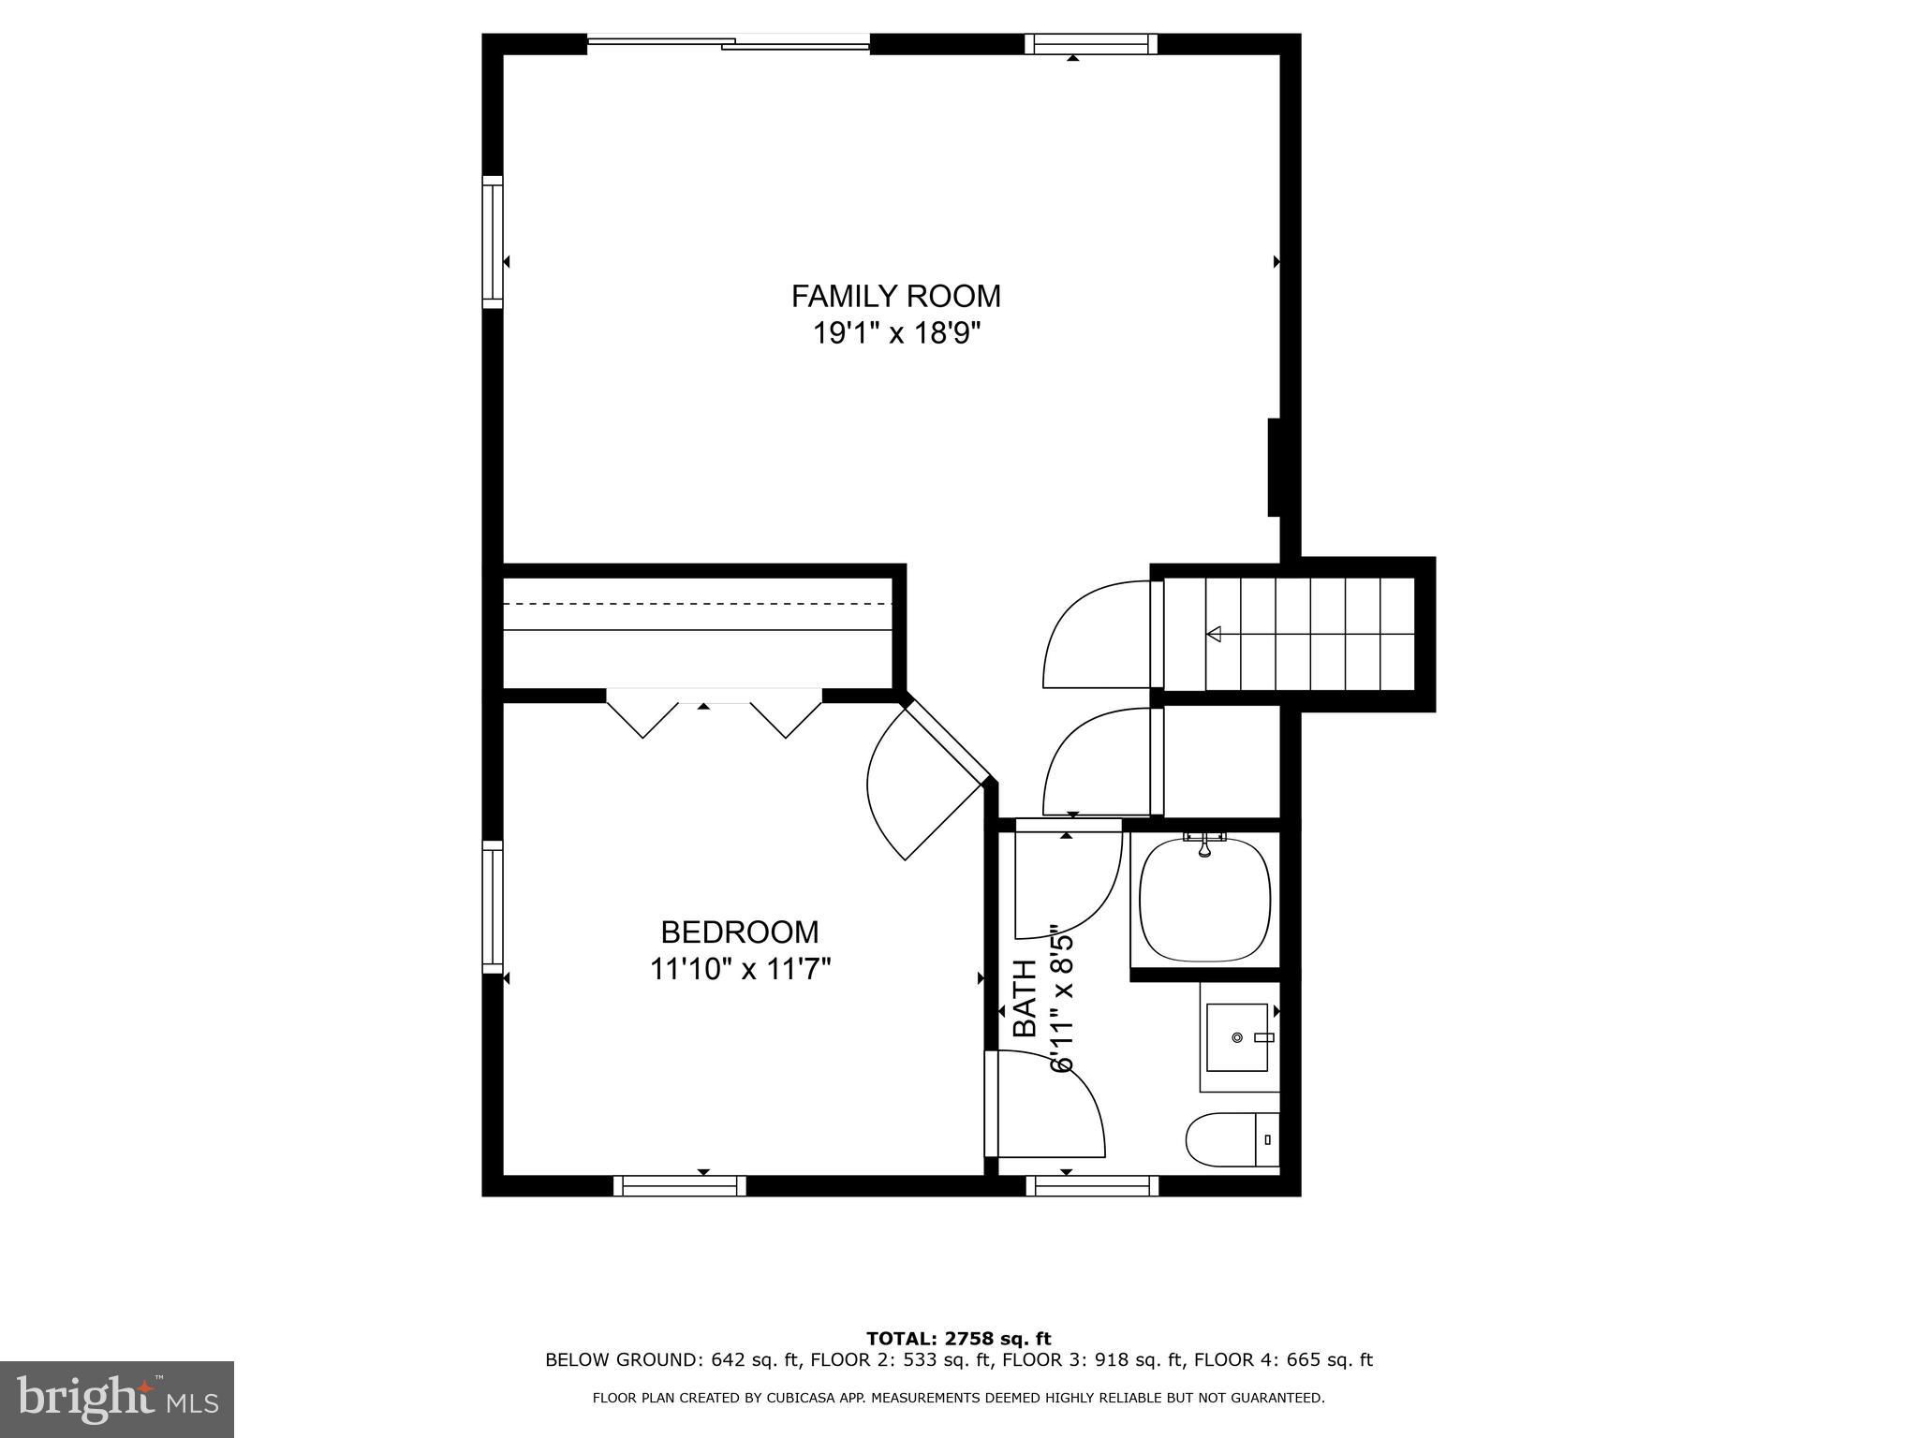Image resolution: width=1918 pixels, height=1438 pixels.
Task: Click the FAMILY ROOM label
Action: (x=895, y=296)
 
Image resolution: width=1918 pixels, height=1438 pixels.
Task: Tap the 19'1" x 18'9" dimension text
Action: (x=895, y=332)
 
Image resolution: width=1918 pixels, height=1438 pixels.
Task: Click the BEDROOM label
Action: (x=739, y=932)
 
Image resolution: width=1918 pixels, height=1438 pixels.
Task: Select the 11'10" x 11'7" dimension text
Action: (x=740, y=969)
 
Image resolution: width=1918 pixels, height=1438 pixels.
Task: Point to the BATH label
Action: (x=1026, y=998)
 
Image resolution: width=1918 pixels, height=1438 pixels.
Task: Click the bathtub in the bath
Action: (x=1204, y=901)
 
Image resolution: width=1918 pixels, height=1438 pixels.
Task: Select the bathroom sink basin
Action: (x=1236, y=1036)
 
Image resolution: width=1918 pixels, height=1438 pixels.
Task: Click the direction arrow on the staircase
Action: (x=1215, y=634)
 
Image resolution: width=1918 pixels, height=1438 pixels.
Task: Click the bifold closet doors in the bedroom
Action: (x=714, y=712)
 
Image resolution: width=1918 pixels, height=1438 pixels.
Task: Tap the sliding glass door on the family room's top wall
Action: (x=729, y=42)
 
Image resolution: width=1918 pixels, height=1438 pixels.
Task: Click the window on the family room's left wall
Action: (x=493, y=242)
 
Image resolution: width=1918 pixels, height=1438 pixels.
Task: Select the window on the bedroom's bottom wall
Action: (x=680, y=1186)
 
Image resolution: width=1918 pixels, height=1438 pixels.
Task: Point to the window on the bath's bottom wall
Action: (x=1092, y=1186)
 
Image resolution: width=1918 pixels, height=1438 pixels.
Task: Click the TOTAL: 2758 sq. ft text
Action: (x=958, y=1339)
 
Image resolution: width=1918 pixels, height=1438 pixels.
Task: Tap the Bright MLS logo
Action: (x=117, y=1399)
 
